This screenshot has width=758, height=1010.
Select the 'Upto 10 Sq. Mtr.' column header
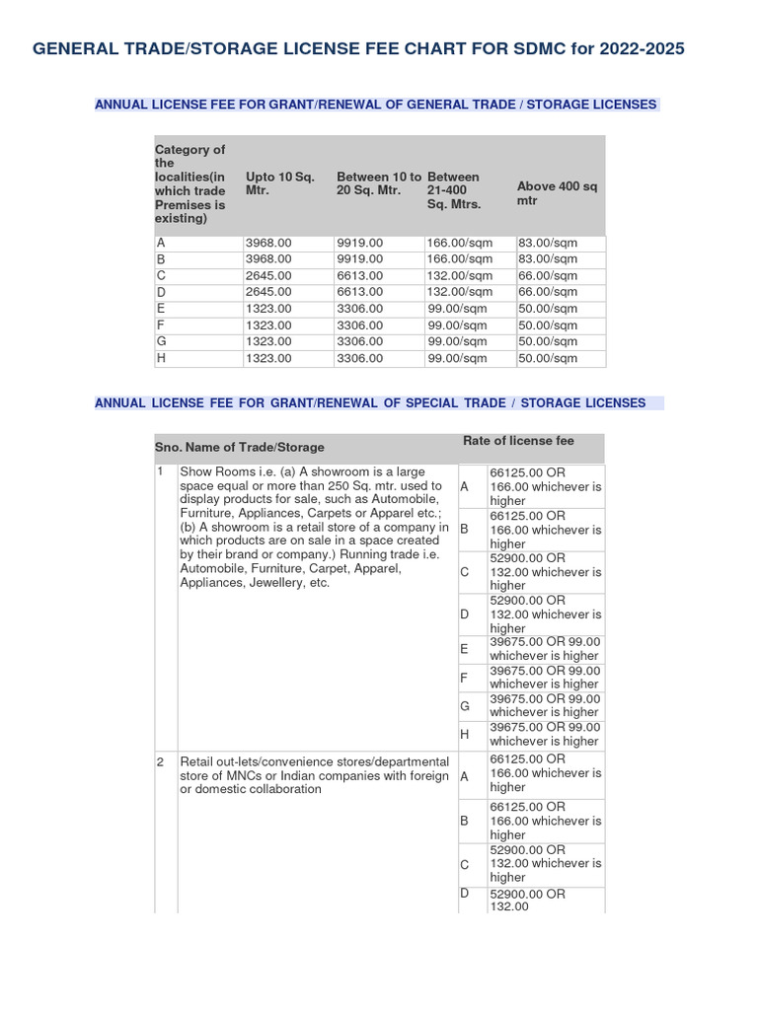(279, 184)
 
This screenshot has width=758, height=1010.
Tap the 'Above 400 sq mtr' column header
(557, 192)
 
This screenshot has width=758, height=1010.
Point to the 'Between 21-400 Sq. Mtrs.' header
(456, 190)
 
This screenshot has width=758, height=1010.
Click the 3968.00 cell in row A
(268, 243)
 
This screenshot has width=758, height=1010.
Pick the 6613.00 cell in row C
(359, 275)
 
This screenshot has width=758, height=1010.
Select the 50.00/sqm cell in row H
(548, 358)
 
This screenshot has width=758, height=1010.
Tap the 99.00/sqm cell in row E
(457, 309)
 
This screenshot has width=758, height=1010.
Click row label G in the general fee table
(161, 341)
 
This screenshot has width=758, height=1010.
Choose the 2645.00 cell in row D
(268, 292)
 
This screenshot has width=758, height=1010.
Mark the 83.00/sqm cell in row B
(548, 258)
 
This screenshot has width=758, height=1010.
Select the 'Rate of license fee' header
(518, 441)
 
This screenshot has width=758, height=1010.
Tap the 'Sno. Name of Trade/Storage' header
(239, 448)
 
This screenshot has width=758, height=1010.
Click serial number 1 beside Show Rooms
(160, 472)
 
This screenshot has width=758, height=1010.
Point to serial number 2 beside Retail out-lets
(160, 762)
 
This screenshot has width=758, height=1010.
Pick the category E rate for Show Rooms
(544, 648)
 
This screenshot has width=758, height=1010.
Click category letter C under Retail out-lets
(464, 864)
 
